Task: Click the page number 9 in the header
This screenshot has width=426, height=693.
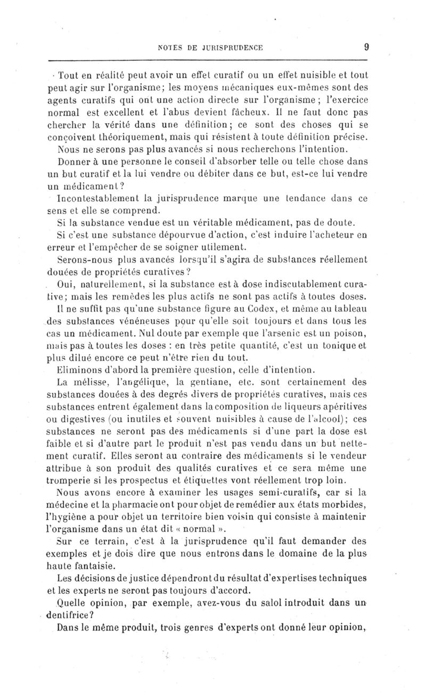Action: [x=366, y=47]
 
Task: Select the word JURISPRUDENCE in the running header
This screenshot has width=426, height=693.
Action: [x=235, y=47]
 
